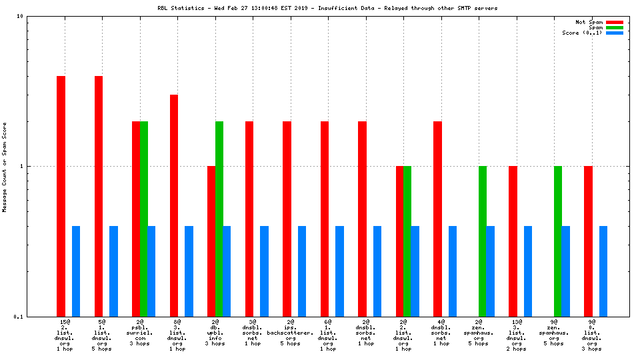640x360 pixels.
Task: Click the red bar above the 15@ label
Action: (x=61, y=196)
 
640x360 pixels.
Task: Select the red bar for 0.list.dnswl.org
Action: (x=588, y=241)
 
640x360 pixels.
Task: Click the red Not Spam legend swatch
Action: (x=614, y=22)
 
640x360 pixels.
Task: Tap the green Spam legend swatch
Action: (x=614, y=27)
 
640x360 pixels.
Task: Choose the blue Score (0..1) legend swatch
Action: (x=614, y=33)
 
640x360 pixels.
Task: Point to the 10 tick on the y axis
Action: (x=20, y=16)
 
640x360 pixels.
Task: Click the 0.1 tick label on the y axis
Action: (x=18, y=317)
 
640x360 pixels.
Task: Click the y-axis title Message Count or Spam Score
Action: (x=5, y=167)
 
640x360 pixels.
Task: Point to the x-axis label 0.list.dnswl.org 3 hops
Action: (x=592, y=335)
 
